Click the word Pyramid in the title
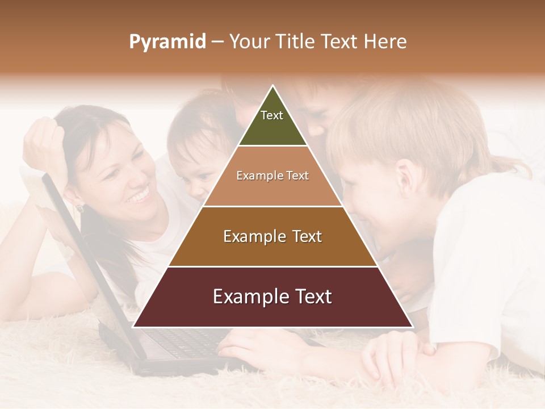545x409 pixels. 167,42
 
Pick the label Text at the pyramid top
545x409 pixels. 272,115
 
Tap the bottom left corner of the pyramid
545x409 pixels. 135,326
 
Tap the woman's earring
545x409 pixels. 80,208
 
